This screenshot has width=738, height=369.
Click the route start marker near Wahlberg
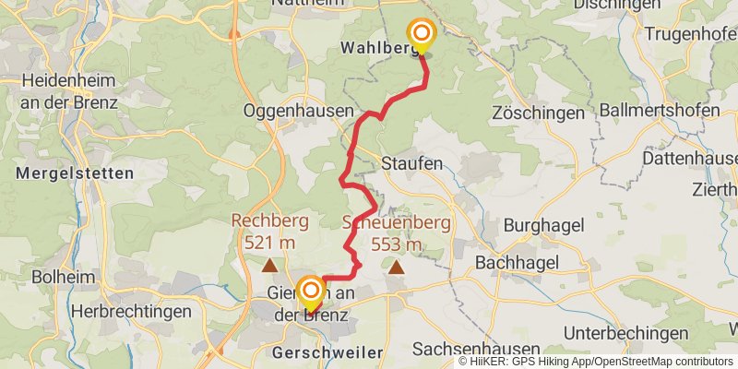tap(422, 36)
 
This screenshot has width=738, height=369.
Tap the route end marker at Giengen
tap(308, 291)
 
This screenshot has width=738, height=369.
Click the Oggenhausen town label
tap(298, 111)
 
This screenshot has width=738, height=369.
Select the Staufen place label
tap(411, 163)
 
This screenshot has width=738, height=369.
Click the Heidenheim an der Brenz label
tap(69, 90)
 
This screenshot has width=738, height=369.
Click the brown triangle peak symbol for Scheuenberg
tap(397, 268)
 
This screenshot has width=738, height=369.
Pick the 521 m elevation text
tap(269, 243)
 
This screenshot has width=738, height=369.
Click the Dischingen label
tap(616, 5)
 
